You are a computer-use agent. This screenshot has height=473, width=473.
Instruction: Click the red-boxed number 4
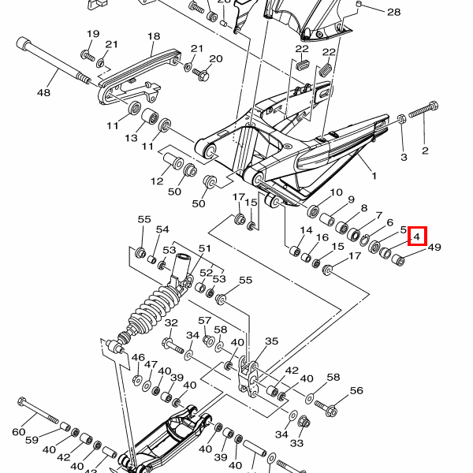coord(417,236)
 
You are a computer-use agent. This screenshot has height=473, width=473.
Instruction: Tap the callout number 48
coord(43,92)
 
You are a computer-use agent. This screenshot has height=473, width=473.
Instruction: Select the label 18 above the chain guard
coord(154,36)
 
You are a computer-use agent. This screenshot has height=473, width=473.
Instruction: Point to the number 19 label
coord(93,33)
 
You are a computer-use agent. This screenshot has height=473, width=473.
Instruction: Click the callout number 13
coord(131,138)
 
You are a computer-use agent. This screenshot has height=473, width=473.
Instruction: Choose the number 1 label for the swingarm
coord(374,176)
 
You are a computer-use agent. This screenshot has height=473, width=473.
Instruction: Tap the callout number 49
coord(434,248)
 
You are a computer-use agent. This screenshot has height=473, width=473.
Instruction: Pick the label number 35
coord(271,341)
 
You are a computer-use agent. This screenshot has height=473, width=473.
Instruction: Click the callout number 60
coord(18,432)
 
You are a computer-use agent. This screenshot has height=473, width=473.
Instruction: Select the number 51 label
coord(205,248)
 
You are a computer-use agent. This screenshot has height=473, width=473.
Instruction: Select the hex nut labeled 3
coord(401,119)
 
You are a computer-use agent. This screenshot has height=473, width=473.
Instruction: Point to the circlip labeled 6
coord(364,240)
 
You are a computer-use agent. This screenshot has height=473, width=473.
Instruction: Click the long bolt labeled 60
coord(39,411)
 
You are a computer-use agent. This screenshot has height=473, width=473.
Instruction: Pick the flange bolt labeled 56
coord(326,408)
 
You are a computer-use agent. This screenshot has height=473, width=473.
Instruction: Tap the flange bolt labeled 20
coord(201,74)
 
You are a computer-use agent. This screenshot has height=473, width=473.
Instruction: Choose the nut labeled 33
coord(304,421)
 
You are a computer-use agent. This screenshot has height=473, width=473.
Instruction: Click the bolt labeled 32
coord(173,346)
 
